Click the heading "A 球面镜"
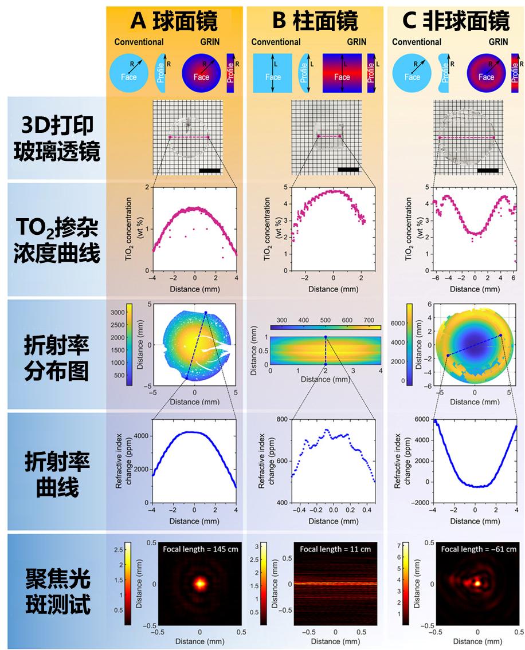[174, 21]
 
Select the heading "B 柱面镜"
[315, 21]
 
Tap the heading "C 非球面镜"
[456, 21]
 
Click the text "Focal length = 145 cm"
[199, 549]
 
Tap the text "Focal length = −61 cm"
[479, 549]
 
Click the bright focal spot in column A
[200, 584]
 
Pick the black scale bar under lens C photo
[488, 170]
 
